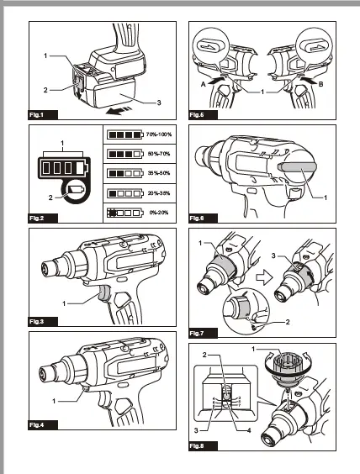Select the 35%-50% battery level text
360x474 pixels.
pyautogui.click(x=157, y=174)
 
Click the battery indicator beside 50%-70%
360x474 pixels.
pyautogui.click(x=123, y=154)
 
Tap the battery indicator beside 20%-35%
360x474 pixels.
pyautogui.click(x=123, y=194)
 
